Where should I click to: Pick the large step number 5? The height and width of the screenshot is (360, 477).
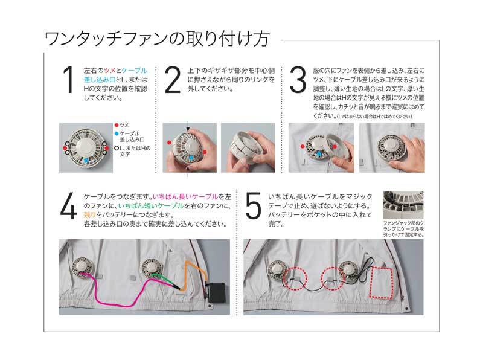[x=254, y=206]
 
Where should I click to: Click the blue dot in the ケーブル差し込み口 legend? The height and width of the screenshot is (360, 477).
[x=116, y=133]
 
